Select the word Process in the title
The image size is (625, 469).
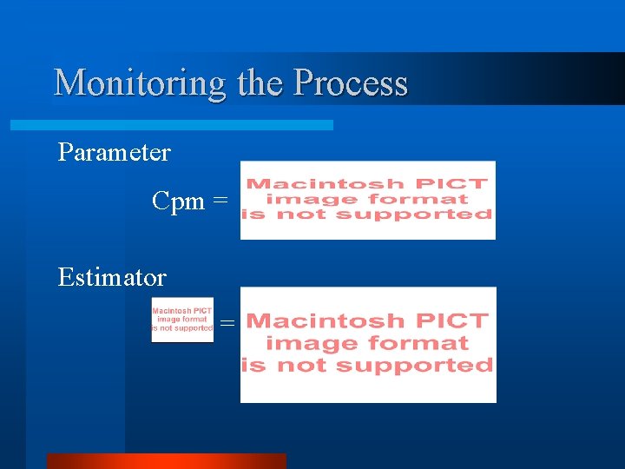(x=351, y=83)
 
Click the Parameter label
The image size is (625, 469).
(x=114, y=153)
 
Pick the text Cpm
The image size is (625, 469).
(x=178, y=201)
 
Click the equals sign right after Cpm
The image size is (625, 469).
(x=220, y=201)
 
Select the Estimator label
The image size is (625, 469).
(x=112, y=278)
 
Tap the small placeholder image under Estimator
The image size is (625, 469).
(x=182, y=320)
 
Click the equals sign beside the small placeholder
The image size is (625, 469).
(x=227, y=323)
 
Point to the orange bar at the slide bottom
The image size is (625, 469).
(x=166, y=460)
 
